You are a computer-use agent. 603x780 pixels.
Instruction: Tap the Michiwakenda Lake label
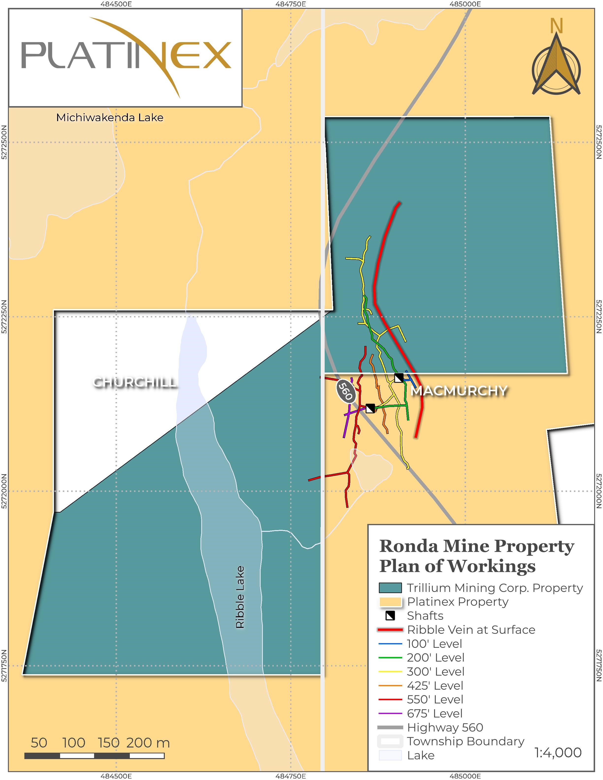[x=110, y=117]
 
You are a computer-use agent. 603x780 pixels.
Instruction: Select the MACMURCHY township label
[x=459, y=391]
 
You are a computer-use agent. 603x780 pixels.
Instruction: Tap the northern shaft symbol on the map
[x=399, y=378]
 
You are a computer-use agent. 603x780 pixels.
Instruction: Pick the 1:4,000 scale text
[x=558, y=752]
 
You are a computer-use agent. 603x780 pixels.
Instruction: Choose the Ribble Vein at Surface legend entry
[x=471, y=630]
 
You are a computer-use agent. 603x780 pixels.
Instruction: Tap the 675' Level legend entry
[x=434, y=713]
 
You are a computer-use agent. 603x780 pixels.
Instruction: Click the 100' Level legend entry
[x=434, y=644]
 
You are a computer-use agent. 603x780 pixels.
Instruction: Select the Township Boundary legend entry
[x=466, y=741]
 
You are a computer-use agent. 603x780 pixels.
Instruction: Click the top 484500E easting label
[x=116, y=4]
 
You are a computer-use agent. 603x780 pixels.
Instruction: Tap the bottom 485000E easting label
[x=465, y=776]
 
